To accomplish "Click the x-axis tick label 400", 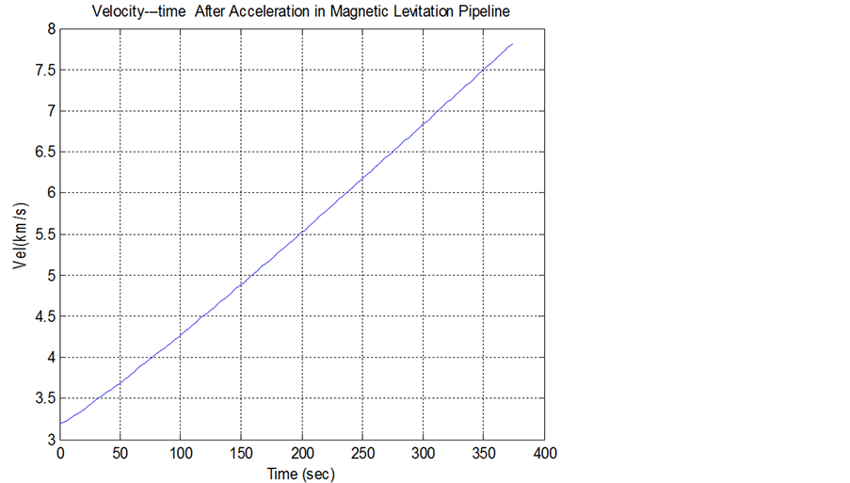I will tap(544, 454).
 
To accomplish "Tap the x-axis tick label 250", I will tap(362, 454).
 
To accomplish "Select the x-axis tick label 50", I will tap(120, 454).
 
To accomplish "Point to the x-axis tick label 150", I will tap(242, 454).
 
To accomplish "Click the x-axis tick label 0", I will tap(60, 454).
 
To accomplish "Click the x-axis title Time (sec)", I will tap(301, 474).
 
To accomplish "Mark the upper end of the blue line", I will tap(512, 44).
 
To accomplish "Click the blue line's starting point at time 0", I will tap(60, 424).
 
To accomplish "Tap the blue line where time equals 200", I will tap(302, 231).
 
